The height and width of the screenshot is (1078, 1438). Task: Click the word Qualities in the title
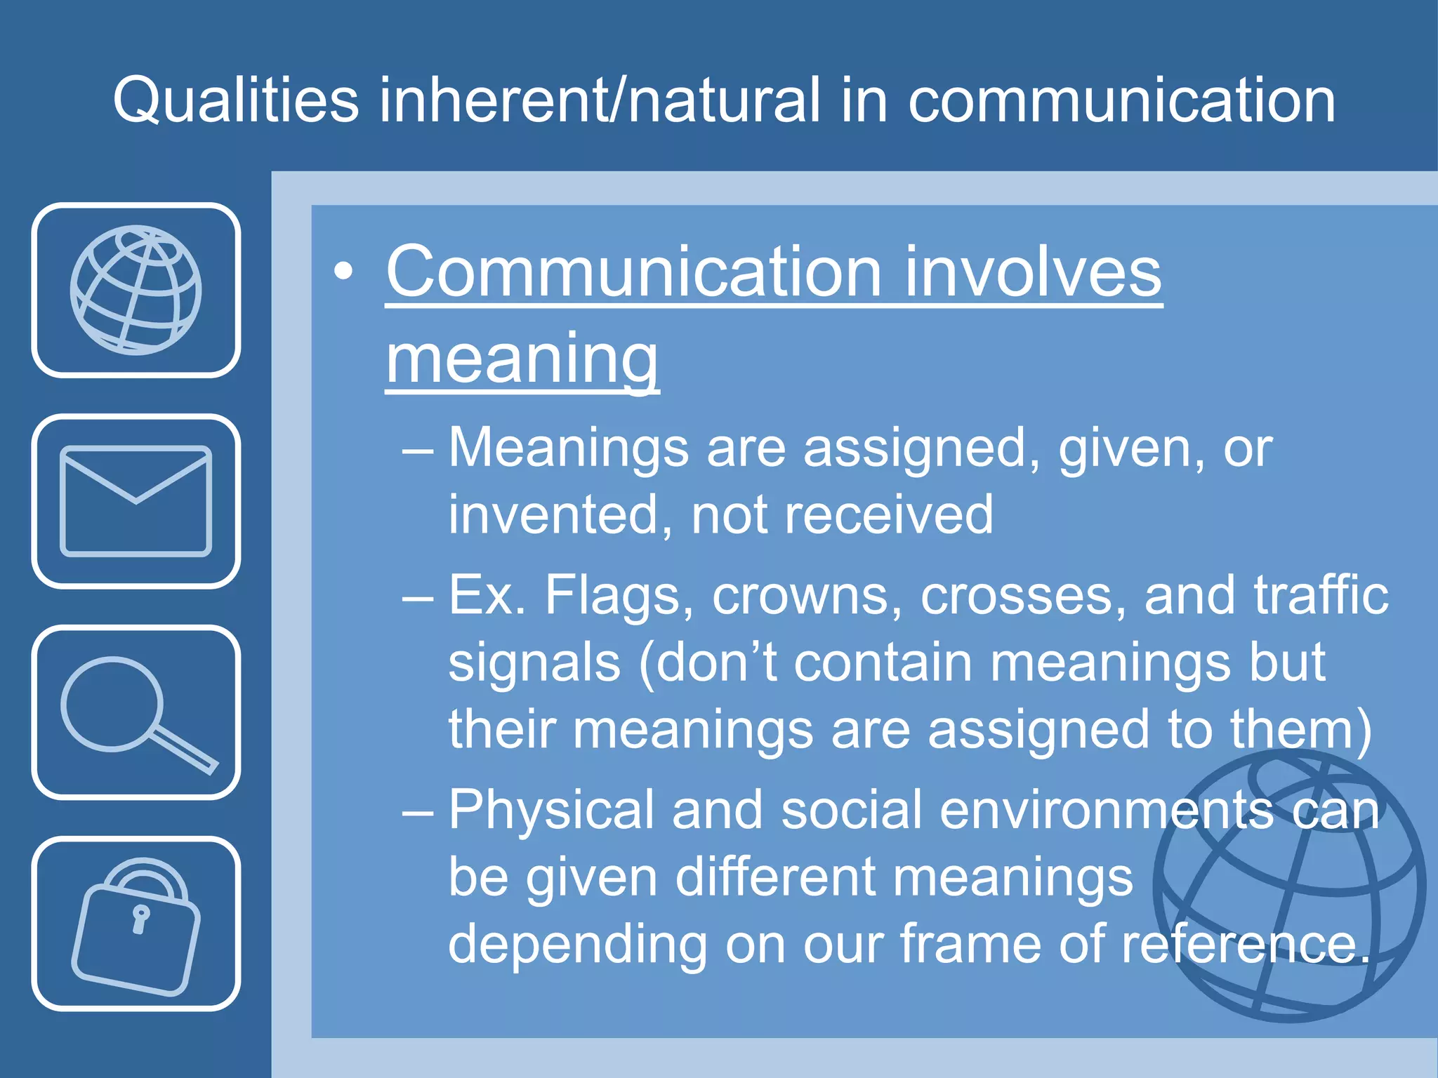coord(235,101)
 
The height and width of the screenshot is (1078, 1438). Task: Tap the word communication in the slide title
coord(1121,101)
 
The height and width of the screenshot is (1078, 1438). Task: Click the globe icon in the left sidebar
coord(136,290)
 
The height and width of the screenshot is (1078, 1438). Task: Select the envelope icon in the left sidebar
coord(136,501)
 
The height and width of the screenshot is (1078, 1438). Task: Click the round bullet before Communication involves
coord(343,272)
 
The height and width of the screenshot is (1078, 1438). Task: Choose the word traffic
coord(1321,595)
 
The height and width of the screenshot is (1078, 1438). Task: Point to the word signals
coord(534,663)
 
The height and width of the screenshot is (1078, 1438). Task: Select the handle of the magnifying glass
coord(184,752)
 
